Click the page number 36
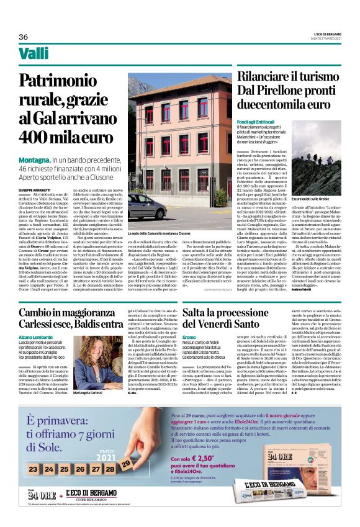tap(23, 37)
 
